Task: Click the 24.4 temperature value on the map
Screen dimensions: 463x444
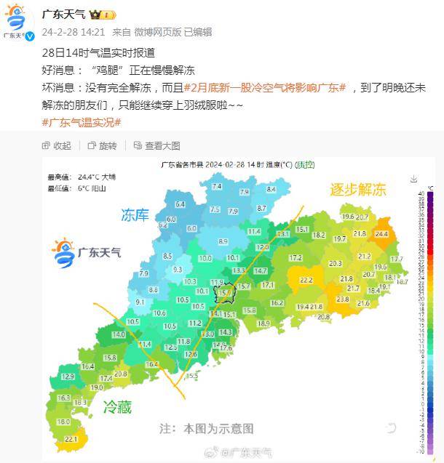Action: pyautogui.click(x=381, y=234)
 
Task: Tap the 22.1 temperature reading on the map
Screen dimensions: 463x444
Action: pyautogui.click(x=71, y=440)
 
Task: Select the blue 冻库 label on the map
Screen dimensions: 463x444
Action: pyautogui.click(x=135, y=215)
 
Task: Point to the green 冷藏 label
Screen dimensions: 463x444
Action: pyautogui.click(x=117, y=407)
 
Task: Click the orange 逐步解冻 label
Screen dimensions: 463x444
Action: pyautogui.click(x=357, y=190)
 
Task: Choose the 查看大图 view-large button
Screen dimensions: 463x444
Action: pyautogui.click(x=157, y=145)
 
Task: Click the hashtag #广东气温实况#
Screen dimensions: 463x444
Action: pyautogui.click(x=82, y=122)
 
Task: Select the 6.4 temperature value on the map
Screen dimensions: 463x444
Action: pyautogui.click(x=181, y=204)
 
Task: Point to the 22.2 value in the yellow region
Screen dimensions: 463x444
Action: pyautogui.click(x=306, y=280)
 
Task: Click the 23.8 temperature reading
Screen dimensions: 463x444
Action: pyautogui.click(x=342, y=299)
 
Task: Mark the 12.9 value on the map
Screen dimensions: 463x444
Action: pyautogui.click(x=68, y=377)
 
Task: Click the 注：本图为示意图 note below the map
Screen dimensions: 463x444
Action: pyautogui.click(x=207, y=428)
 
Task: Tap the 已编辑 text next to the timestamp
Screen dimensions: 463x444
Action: pyautogui.click(x=197, y=32)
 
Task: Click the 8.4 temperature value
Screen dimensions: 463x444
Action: pyautogui.click(x=271, y=189)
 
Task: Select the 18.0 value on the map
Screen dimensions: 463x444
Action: pyautogui.click(x=63, y=422)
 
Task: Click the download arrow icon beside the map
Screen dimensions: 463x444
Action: pyautogui.click(x=413, y=179)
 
